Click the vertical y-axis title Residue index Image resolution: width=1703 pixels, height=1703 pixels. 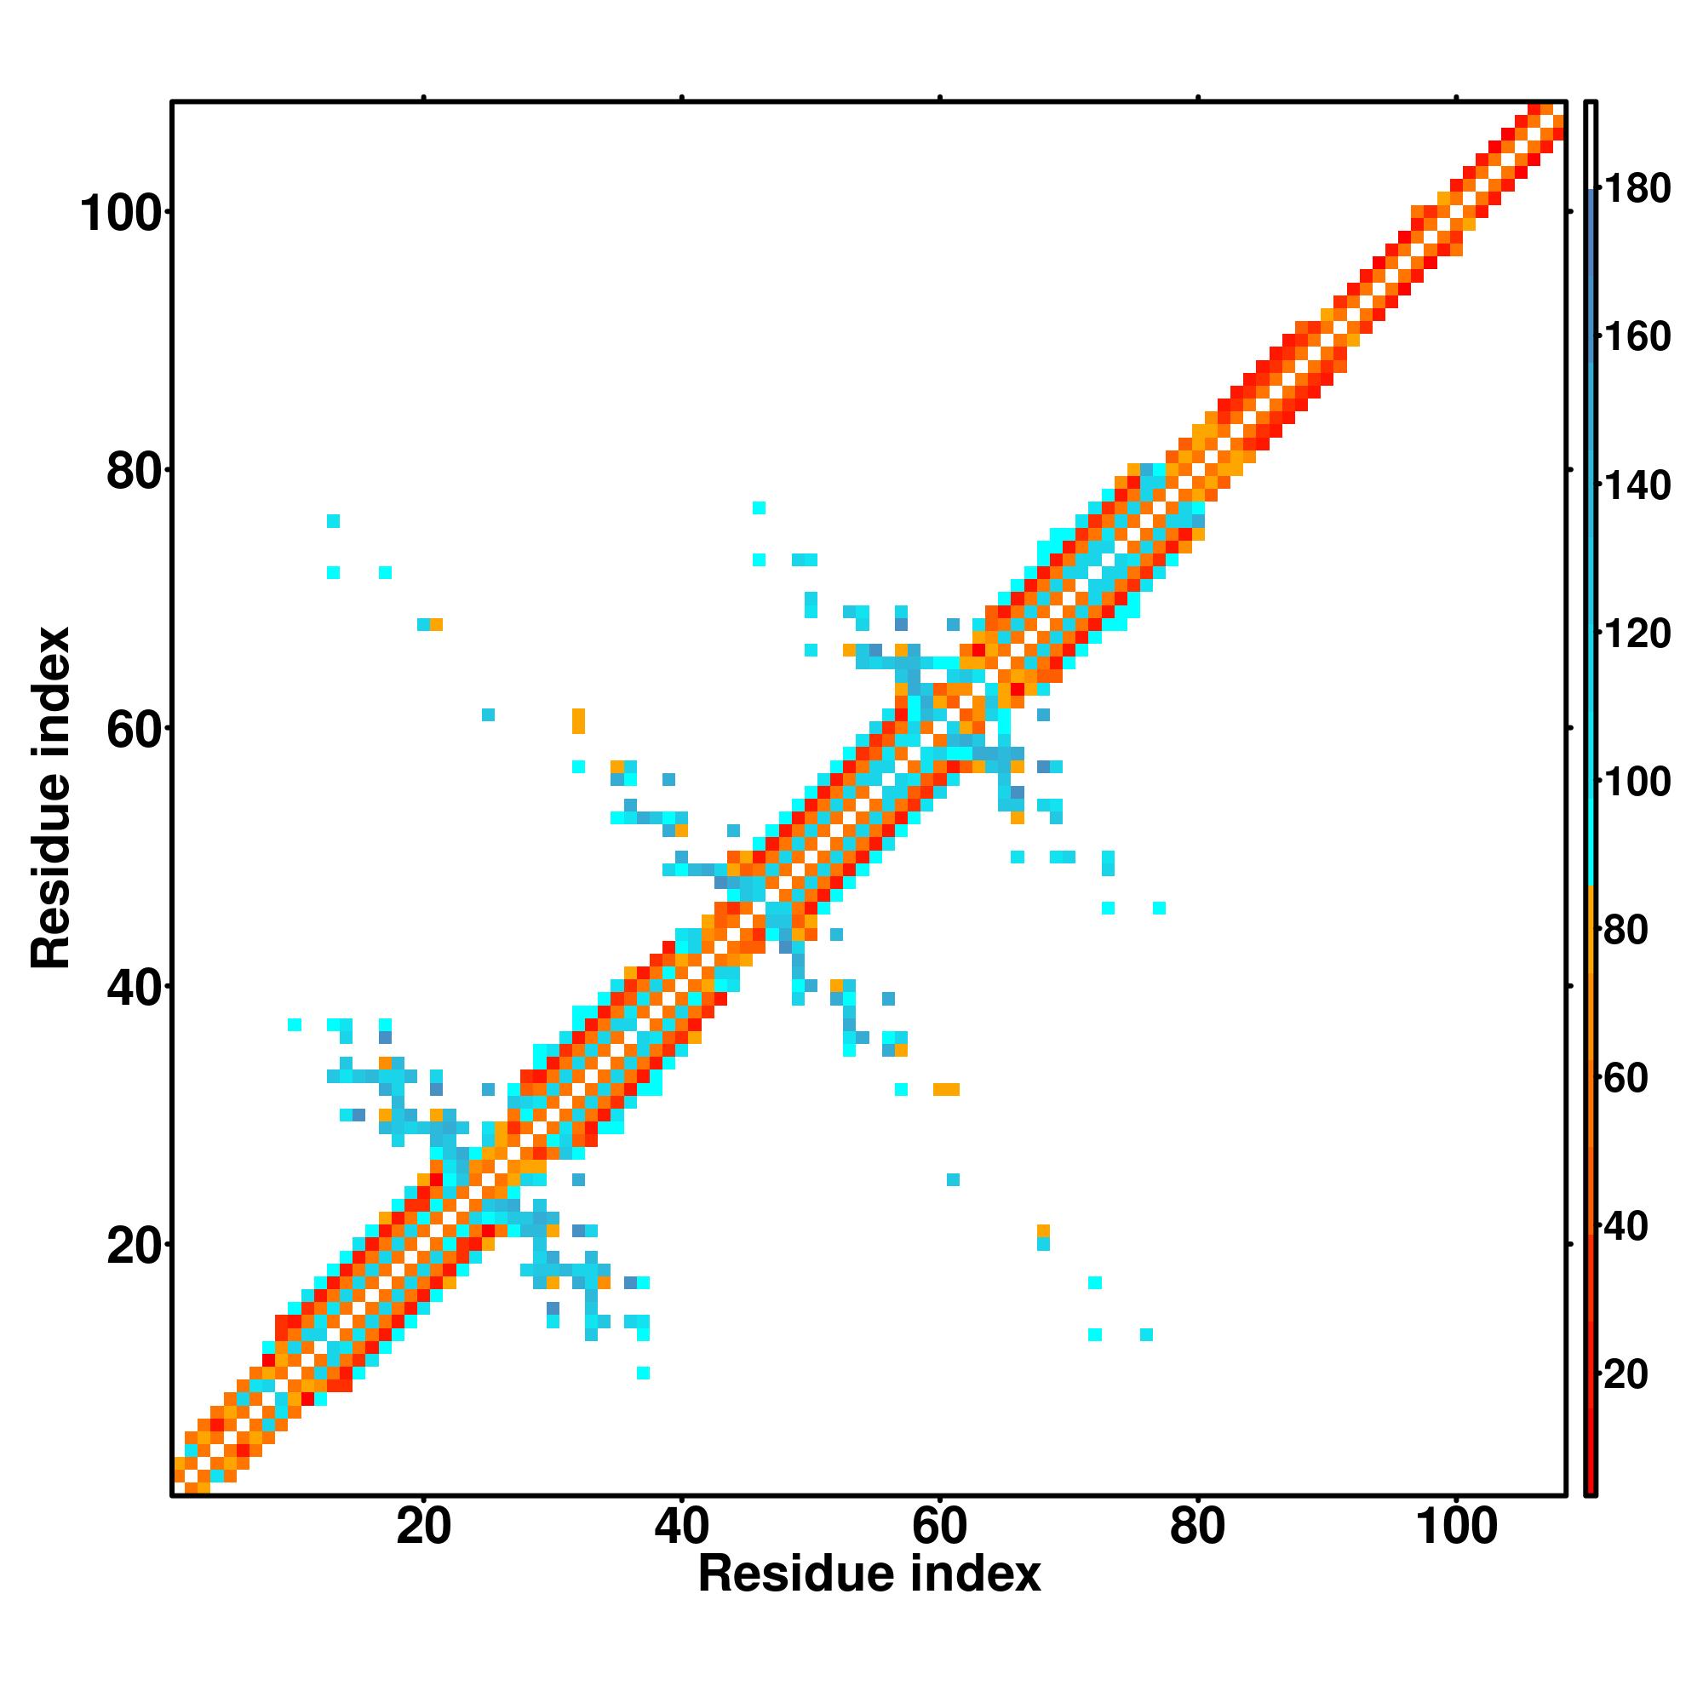[50, 797]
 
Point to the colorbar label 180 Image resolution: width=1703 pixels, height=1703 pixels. [1637, 189]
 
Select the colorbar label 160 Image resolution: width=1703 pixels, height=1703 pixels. [1637, 336]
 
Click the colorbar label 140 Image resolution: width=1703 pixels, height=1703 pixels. [1637, 485]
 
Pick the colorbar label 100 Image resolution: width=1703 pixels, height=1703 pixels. [1637, 782]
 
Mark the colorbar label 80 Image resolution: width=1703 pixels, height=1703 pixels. [1626, 930]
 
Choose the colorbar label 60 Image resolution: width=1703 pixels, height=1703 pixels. [1626, 1078]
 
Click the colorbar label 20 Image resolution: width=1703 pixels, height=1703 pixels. [1626, 1374]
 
